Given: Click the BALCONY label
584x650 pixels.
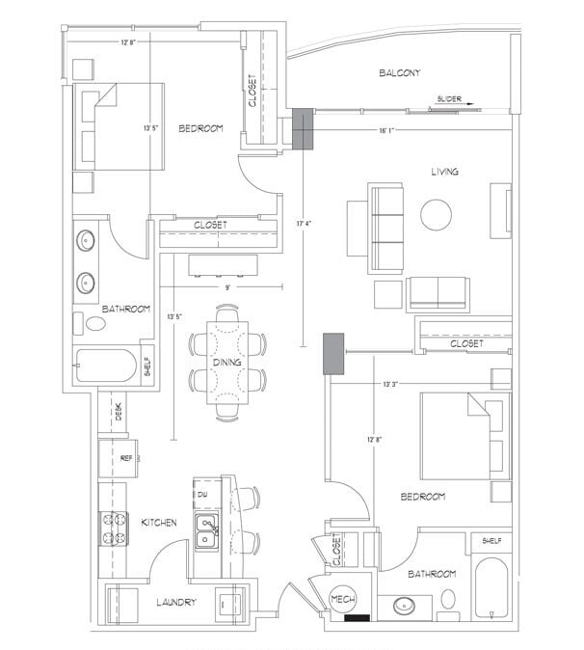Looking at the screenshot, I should [397, 73].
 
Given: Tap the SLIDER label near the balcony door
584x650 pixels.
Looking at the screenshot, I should [450, 98].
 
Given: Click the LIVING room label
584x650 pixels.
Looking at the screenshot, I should [444, 172].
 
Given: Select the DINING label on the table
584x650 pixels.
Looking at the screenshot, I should [227, 362].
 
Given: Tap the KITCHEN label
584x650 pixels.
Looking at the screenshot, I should [158, 522].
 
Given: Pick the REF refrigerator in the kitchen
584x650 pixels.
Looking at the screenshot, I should [125, 459].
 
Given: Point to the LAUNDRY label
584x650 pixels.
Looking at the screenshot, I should [176, 603].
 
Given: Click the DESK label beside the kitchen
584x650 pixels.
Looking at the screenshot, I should [119, 412].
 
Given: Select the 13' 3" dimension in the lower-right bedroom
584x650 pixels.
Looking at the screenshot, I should [390, 384].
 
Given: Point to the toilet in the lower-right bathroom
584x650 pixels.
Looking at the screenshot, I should [448, 601].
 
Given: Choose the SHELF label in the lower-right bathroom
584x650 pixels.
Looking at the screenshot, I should [491, 541].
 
